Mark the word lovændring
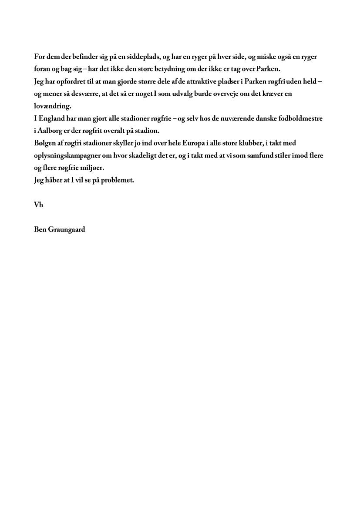pos(52,106)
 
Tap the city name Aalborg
pos(50,131)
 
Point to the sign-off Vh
pos(38,204)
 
